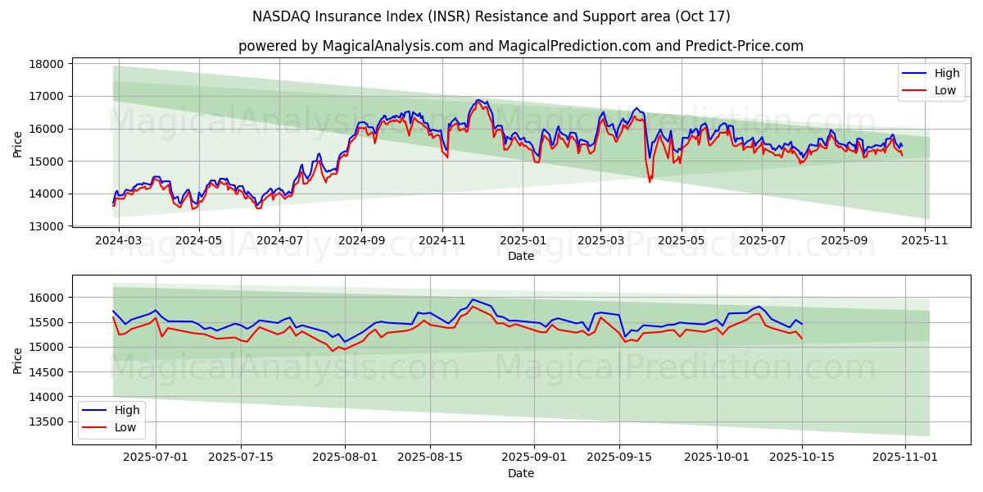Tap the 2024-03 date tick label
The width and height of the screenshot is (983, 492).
[x=119, y=241]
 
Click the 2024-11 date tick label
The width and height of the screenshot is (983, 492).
[x=442, y=241]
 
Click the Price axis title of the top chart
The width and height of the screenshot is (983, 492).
[x=18, y=144]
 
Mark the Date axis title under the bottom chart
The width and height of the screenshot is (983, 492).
[x=520, y=473]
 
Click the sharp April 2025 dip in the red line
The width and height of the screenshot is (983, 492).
[x=650, y=181]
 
